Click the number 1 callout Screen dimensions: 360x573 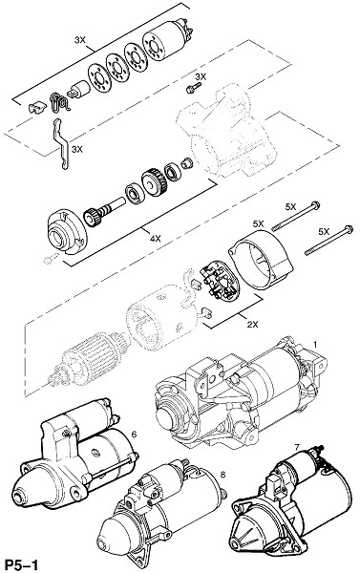[315, 344]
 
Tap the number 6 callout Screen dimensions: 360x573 [134, 435]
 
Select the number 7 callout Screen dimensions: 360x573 [297, 447]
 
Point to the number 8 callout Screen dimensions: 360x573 [222, 475]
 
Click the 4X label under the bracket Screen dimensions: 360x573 [156, 239]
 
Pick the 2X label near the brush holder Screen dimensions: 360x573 [252, 324]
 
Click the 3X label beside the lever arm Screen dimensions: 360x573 [77, 149]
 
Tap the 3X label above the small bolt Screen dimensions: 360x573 [201, 76]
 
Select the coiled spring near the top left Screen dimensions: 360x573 [58, 102]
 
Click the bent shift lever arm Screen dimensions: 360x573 [59, 143]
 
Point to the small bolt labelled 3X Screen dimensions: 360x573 [193, 88]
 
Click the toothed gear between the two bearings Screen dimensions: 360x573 [155, 182]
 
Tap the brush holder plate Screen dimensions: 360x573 [220, 282]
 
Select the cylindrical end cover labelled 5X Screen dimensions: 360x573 [262, 264]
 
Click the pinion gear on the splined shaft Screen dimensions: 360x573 [92, 217]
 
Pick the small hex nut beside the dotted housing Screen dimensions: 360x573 [187, 163]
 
